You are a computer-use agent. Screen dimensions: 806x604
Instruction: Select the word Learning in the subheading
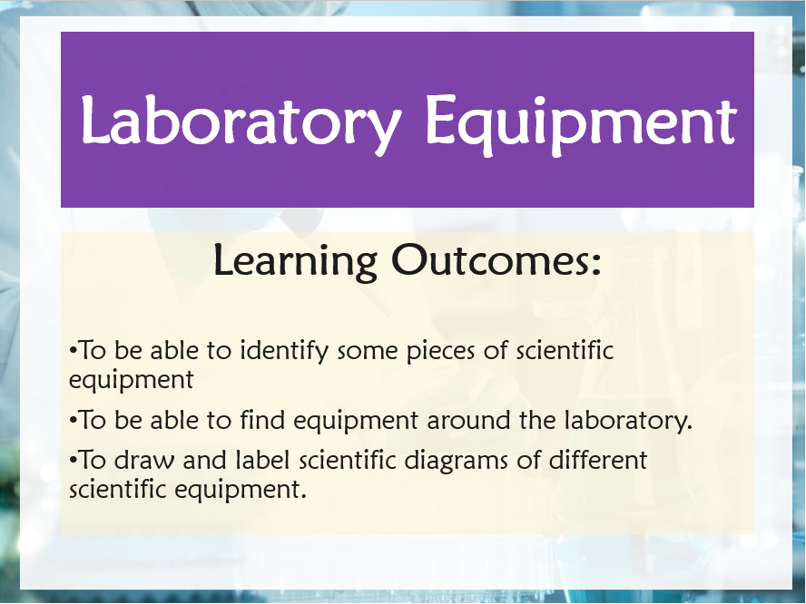tap(295, 262)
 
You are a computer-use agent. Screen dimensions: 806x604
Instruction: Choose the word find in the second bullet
tap(262, 420)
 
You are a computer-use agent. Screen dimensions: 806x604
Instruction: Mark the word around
tap(467, 421)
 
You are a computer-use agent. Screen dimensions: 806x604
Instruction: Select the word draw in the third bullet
tap(144, 460)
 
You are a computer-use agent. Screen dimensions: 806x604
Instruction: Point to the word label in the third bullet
tap(262, 459)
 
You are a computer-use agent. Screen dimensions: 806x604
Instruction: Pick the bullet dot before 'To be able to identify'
tap(73, 352)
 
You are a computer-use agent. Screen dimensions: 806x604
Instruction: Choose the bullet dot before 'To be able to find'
tap(73, 421)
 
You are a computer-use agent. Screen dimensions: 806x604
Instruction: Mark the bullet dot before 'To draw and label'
tap(73, 460)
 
